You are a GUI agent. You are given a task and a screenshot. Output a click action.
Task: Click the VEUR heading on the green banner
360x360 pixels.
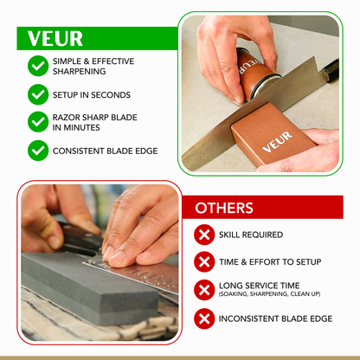[x=55, y=39]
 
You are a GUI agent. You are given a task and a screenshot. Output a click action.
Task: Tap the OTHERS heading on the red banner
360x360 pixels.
[x=224, y=208]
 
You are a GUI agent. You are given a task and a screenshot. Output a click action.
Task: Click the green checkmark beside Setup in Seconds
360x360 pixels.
[x=38, y=94]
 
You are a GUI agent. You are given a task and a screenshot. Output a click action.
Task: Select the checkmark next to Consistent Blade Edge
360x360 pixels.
[x=38, y=150]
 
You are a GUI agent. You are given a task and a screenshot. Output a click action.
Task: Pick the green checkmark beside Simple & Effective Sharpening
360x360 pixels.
[x=38, y=65]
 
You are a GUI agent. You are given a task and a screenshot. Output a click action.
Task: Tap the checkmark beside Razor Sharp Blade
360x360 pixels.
[x=38, y=121]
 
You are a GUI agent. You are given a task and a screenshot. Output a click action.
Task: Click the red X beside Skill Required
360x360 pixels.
[x=205, y=235]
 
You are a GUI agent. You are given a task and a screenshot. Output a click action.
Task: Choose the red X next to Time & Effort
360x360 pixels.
[x=205, y=262]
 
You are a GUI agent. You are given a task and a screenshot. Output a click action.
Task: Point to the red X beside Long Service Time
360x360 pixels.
[x=205, y=290]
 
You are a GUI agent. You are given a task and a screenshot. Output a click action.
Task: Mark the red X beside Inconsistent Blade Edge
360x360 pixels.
[x=205, y=318]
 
